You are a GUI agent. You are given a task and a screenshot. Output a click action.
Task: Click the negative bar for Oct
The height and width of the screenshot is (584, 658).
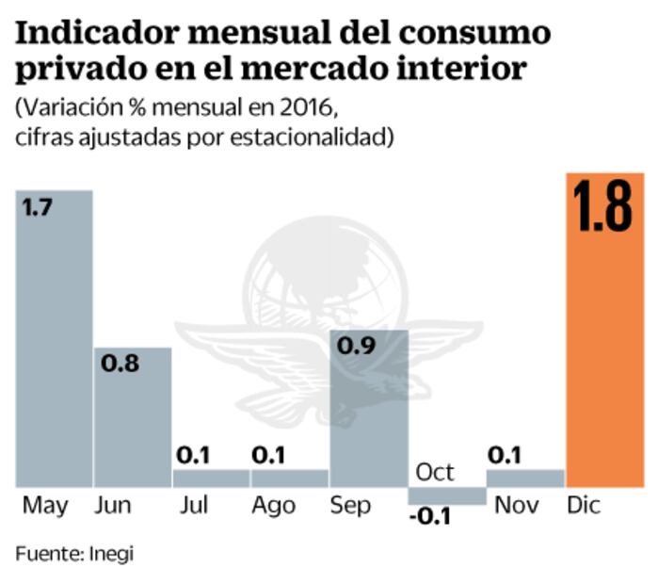(446, 495)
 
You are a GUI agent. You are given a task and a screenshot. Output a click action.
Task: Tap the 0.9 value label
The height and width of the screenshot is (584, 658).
(357, 346)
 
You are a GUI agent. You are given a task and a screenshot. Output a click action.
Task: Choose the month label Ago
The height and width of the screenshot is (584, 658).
(274, 506)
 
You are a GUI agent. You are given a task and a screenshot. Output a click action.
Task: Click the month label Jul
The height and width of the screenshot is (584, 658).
(194, 506)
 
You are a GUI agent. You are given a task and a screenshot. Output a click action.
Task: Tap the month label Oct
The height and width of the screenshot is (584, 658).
(434, 472)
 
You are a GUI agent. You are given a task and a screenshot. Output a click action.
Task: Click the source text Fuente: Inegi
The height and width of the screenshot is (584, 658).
(74, 554)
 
